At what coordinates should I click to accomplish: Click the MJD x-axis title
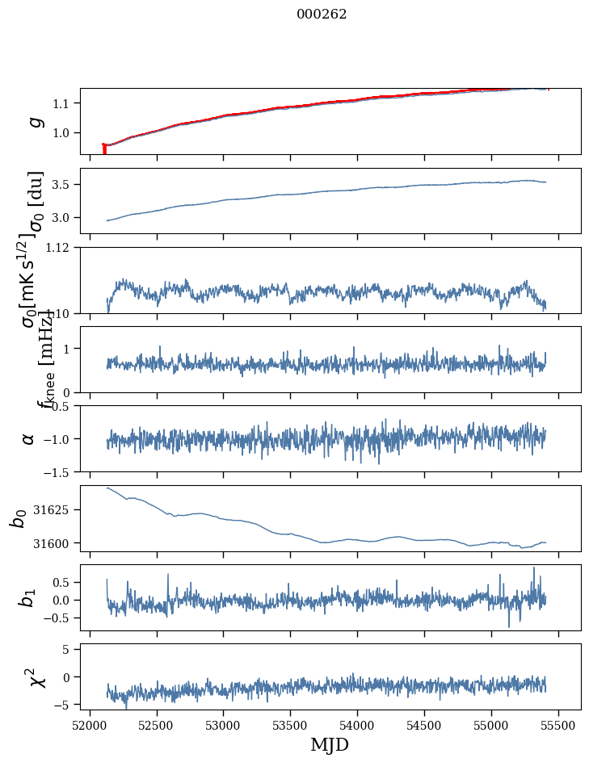point(330,745)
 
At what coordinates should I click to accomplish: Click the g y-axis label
point(35,121)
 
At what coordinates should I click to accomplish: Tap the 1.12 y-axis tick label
point(60,248)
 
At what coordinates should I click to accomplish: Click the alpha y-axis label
point(29,438)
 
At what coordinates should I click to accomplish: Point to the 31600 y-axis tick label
point(54,543)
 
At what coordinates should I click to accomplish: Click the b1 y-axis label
point(28,597)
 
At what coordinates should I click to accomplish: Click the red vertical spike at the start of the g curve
point(104,149)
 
